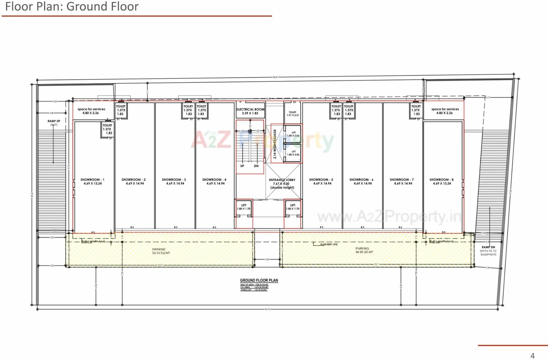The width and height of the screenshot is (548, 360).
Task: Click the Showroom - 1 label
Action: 92,181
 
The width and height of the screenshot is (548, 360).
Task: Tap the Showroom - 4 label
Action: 214,181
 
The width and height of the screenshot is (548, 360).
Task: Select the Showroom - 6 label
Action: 362,181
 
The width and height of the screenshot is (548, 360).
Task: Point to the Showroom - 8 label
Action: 442,181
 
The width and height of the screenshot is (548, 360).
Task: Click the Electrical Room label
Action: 250,111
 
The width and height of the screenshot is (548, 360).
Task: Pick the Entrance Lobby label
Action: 282,184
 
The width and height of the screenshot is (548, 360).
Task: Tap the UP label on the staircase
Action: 242,166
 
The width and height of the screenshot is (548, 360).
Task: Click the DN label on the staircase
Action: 256,166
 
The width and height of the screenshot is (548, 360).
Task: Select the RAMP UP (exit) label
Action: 54,123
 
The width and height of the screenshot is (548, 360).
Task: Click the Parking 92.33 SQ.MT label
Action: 161,251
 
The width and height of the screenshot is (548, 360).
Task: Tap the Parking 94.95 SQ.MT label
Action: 364,250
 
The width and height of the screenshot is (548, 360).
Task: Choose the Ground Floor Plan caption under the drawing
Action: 259,280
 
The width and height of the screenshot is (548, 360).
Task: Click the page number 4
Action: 532,356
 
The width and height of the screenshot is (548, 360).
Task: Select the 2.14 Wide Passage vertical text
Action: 275,144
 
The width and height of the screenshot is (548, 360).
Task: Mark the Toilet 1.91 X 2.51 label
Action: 293,114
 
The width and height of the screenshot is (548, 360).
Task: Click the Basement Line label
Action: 329,244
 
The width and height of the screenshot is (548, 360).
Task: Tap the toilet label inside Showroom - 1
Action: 107,129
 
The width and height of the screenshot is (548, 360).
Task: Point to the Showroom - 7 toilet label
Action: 416,110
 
